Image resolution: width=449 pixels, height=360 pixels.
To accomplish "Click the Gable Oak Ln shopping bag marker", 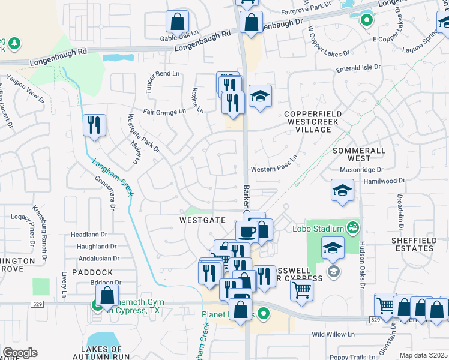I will (x=178, y=23).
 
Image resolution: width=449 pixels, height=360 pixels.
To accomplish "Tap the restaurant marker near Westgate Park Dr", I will (x=94, y=125).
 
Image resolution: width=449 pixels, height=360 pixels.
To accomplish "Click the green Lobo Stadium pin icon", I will (x=352, y=227).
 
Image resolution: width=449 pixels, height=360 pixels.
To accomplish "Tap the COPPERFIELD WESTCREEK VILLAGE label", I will (x=313, y=118).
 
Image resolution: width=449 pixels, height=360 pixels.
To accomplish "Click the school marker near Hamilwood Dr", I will (x=342, y=191).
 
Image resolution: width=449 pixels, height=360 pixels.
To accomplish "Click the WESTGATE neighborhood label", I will (x=203, y=220).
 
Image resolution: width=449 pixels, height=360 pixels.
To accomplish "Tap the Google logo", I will (x=20, y=353).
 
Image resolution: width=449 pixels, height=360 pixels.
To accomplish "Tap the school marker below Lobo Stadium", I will (x=333, y=248).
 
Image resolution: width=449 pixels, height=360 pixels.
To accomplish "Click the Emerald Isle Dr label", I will (x=358, y=68).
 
